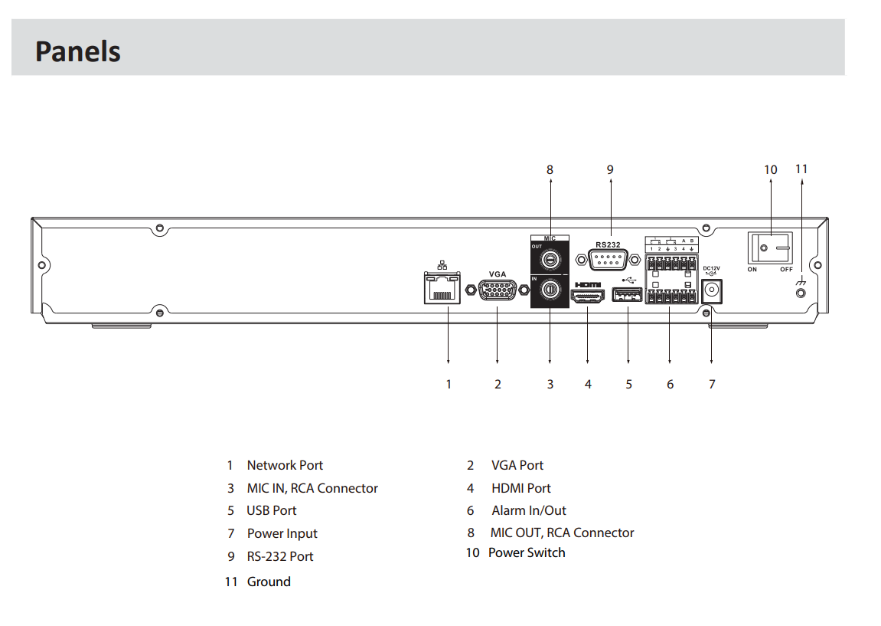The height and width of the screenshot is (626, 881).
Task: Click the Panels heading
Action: pyautogui.click(x=77, y=51)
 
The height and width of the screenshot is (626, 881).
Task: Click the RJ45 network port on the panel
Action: pyautogui.click(x=442, y=288)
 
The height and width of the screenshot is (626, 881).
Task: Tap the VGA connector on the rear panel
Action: pyautogui.click(x=498, y=290)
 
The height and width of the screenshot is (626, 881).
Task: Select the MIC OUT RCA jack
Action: pyautogui.click(x=550, y=260)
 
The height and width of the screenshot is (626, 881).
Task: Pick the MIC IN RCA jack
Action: pyautogui.click(x=550, y=290)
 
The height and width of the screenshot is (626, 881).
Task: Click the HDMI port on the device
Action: pyautogui.click(x=587, y=296)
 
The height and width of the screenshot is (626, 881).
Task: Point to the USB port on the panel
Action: pyautogui.click(x=627, y=294)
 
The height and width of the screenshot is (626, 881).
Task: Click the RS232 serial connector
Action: pyautogui.click(x=608, y=260)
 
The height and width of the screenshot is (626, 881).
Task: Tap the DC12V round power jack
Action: pyautogui.click(x=712, y=291)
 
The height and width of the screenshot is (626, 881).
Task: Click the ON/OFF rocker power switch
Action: pyautogui.click(x=770, y=248)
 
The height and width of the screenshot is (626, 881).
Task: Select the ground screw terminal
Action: pyautogui.click(x=801, y=293)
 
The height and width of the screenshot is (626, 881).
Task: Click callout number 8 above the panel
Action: pyautogui.click(x=550, y=169)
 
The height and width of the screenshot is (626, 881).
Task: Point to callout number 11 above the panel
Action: pyautogui.click(x=801, y=169)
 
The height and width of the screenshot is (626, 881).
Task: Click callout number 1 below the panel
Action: pyautogui.click(x=449, y=384)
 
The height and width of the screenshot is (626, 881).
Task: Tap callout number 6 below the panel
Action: pyautogui.click(x=670, y=384)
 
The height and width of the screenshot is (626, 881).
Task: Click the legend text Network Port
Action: pyautogui.click(x=285, y=465)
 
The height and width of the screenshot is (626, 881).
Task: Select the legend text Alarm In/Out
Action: pyautogui.click(x=529, y=510)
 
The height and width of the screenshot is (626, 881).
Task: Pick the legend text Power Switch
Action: pyautogui.click(x=527, y=552)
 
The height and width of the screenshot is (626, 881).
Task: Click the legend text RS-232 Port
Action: pyautogui.click(x=280, y=556)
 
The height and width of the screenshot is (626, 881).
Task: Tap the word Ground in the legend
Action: pyautogui.click(x=269, y=582)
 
